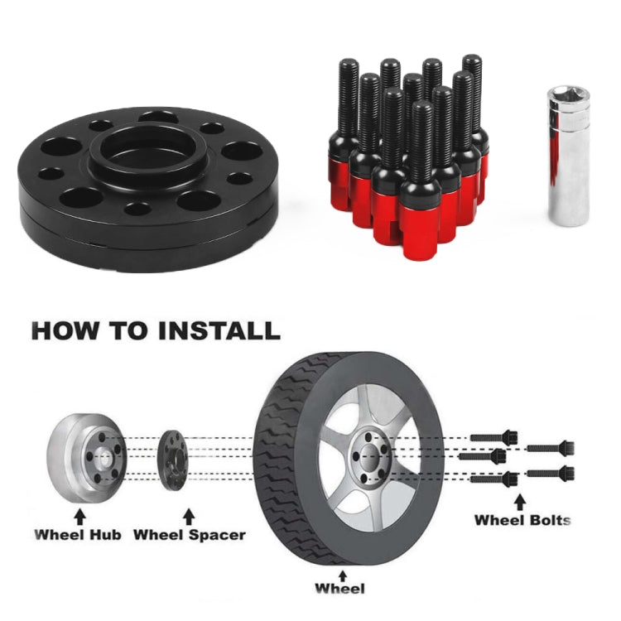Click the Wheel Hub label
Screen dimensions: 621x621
(78, 534)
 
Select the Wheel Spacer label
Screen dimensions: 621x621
(189, 535)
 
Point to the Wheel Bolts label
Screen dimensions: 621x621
(522, 520)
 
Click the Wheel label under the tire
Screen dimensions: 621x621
(339, 589)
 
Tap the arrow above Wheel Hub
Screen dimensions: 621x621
(79, 517)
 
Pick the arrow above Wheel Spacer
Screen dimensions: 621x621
(189, 517)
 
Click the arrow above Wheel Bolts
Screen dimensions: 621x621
(520, 502)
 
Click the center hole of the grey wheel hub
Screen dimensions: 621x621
(101, 458)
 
